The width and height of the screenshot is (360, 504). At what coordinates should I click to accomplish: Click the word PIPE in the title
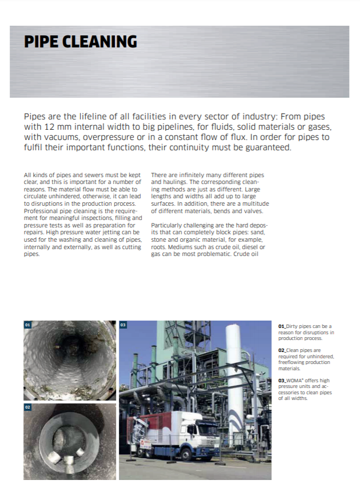tap(42, 42)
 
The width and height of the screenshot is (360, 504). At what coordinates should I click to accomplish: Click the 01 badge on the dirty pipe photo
tap(27, 325)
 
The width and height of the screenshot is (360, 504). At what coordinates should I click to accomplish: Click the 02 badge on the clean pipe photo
tap(27, 407)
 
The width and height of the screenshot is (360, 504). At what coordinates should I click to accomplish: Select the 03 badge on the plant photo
tap(123, 325)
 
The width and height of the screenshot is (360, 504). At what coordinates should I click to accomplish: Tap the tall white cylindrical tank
tap(235, 366)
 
